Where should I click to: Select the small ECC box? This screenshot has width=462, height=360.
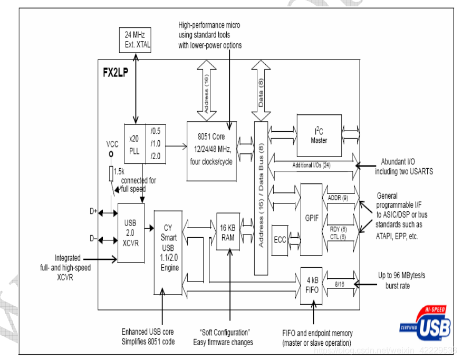point(280,240)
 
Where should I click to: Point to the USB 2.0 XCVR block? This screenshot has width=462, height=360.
point(131,232)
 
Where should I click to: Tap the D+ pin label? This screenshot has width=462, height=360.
point(93,211)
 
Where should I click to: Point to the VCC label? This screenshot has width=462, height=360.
point(111,143)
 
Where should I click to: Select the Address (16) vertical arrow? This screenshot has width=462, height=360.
point(206,90)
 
